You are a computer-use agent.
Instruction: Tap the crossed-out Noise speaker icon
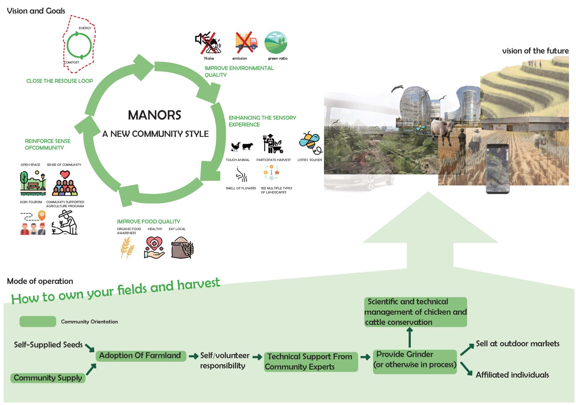pos(208,43)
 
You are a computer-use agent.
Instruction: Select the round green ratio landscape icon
pos(276,43)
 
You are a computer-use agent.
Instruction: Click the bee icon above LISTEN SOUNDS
pos(310,143)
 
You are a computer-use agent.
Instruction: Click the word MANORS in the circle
pos(154,115)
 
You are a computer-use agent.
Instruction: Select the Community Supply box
pos(48,378)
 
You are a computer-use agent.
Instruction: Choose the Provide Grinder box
pos(415,361)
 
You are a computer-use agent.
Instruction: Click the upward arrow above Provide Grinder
pos(410,337)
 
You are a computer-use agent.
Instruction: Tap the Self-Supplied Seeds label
pos(48,345)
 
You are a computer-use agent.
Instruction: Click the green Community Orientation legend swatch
pos(38,322)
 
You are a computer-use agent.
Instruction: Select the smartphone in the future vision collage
pos(497,169)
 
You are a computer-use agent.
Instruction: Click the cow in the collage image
pos(445,129)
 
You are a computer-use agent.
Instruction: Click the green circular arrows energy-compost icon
pos(79,45)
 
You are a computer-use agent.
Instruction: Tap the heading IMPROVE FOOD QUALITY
pos(148,222)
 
